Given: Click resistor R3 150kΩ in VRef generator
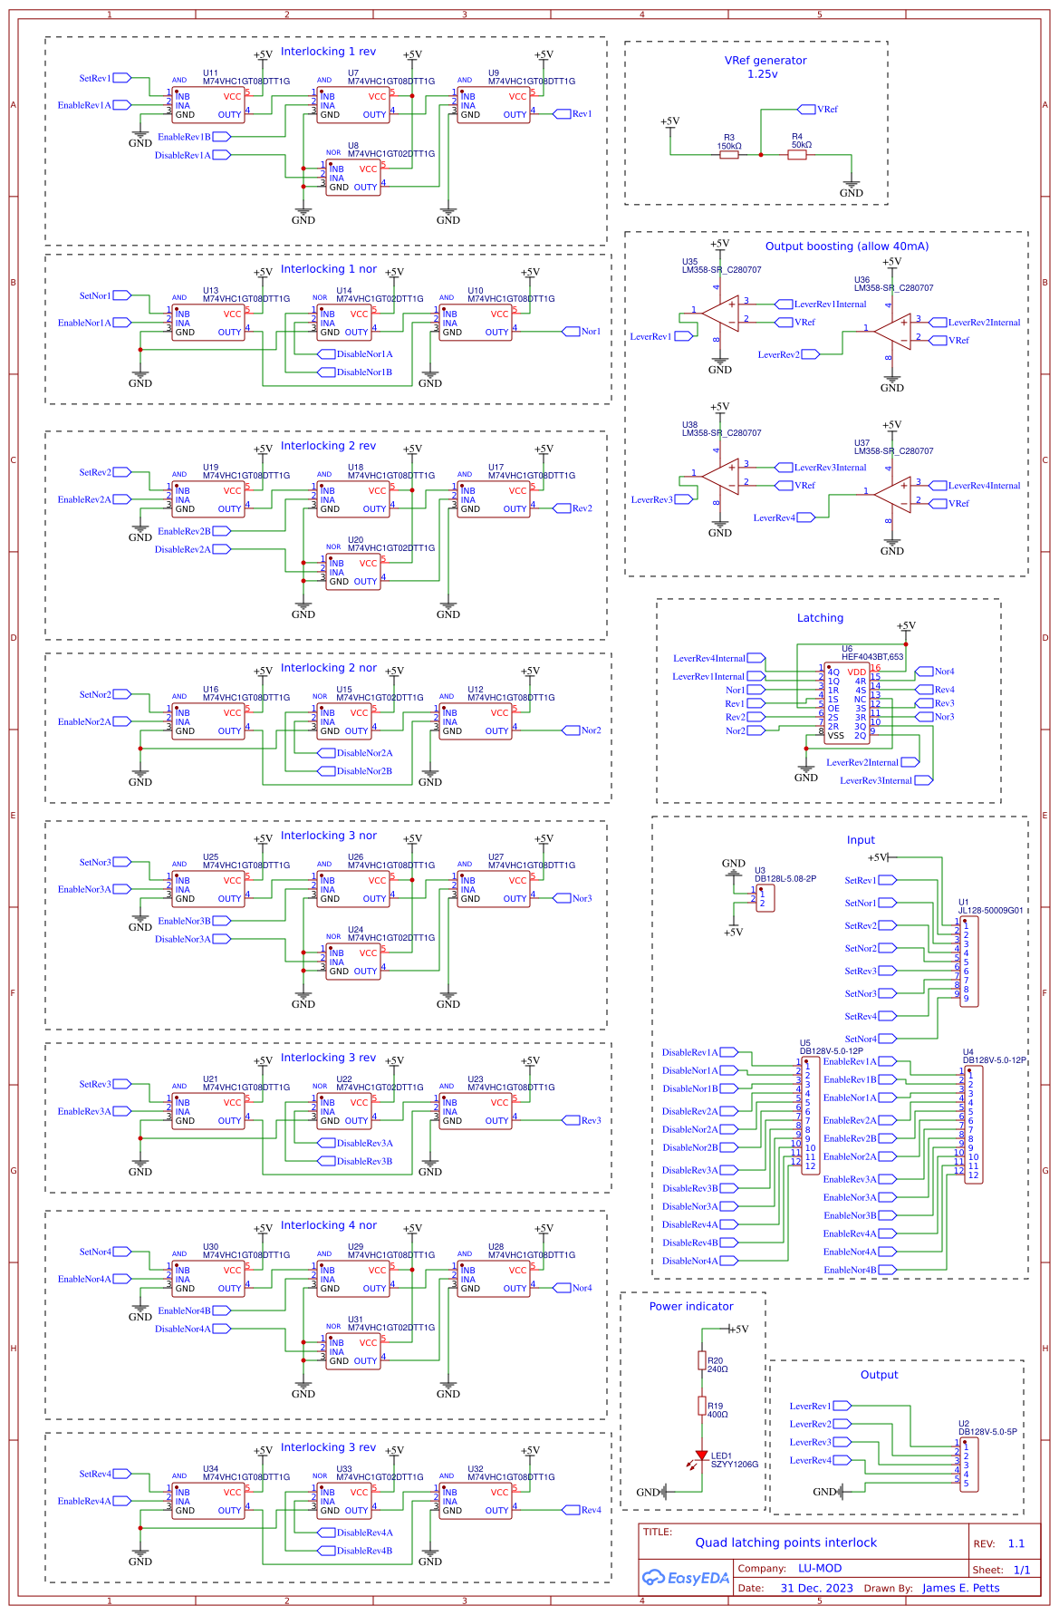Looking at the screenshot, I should click(x=729, y=155).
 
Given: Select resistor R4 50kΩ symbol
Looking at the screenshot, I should click(x=797, y=155).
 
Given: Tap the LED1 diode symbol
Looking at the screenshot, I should click(x=701, y=1455).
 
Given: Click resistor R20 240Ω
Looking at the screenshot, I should click(x=702, y=1360).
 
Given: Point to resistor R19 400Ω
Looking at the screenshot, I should click(x=702, y=1406).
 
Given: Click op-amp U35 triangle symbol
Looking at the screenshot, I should click(x=721, y=314).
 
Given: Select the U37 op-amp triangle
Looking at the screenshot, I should click(x=893, y=495).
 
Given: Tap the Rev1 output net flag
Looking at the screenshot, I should click(x=562, y=114).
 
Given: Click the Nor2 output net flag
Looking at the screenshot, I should click(x=571, y=730).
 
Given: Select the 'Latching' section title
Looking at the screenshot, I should click(x=820, y=618).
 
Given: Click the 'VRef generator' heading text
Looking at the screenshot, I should click(x=765, y=61).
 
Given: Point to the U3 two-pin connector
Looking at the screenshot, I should click(x=765, y=898).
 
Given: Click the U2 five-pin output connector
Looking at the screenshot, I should click(x=968, y=1465).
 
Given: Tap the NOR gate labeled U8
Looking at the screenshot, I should click(x=353, y=178).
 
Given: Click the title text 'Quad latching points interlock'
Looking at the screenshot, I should click(x=785, y=1542).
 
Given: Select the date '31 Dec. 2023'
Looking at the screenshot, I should click(x=816, y=1588).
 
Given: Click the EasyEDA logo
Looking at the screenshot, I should click(x=686, y=1578).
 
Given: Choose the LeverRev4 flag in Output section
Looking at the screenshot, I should click(x=842, y=1460).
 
